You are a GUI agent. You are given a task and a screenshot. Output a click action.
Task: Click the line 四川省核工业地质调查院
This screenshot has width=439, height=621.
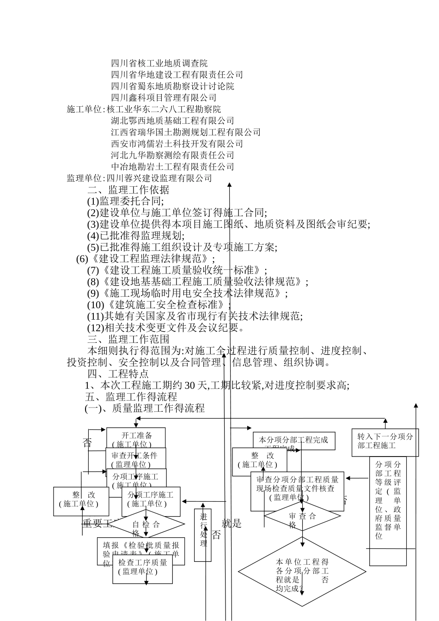(159, 63)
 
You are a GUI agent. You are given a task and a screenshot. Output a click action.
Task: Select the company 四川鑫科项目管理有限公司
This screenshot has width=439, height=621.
(164, 97)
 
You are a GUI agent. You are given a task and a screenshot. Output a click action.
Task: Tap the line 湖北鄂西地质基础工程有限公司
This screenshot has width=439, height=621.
(172, 121)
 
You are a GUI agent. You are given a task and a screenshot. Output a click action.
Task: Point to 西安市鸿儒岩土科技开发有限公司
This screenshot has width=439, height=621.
(177, 144)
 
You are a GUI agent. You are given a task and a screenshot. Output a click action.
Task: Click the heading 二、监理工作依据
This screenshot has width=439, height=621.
(128, 190)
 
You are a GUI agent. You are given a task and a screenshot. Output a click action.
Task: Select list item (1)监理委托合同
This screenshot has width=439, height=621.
(125, 201)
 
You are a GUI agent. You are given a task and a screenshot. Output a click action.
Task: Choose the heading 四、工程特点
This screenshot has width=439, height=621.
(118, 374)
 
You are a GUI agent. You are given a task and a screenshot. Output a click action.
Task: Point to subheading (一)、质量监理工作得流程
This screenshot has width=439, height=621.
(145, 408)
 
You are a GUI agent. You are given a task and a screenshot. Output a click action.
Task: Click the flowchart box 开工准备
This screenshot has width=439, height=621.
(136, 435)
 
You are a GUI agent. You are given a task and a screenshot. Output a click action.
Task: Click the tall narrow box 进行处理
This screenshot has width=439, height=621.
(203, 535)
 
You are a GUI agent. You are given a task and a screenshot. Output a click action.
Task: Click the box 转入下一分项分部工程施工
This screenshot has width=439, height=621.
(385, 441)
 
